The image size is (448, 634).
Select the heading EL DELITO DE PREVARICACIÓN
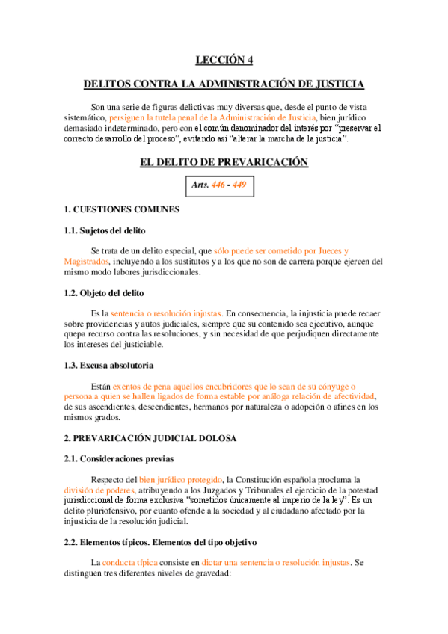224,162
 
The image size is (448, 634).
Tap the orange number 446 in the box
219,184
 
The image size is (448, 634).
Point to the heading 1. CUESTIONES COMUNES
121,210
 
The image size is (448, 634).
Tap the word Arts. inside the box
200,184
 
